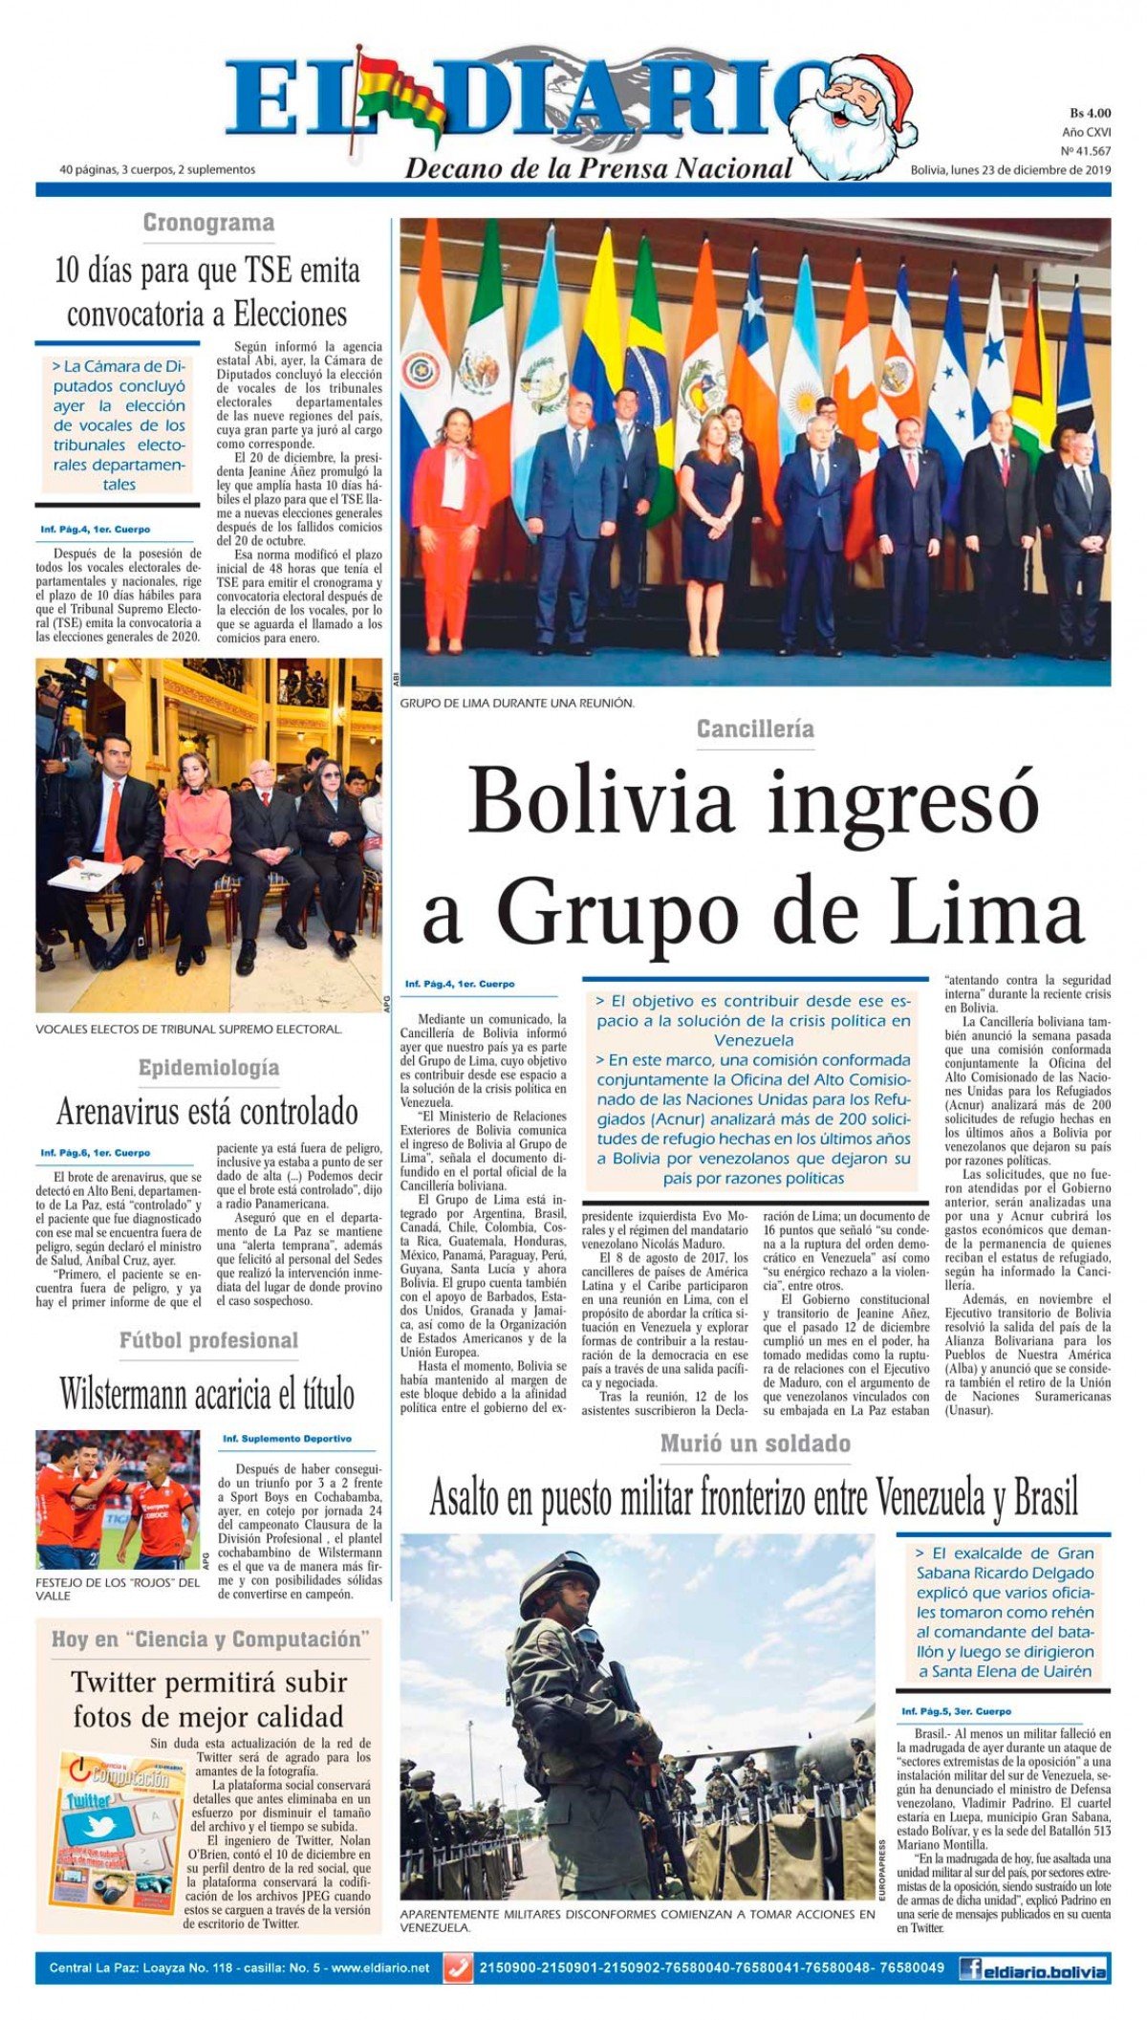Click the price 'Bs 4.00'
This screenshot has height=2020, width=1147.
tap(1090, 114)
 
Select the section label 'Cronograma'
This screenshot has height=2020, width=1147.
tap(208, 223)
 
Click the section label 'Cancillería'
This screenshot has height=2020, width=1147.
tap(755, 729)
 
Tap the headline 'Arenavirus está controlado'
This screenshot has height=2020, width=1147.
tap(207, 1112)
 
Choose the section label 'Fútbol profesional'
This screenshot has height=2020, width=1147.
tap(208, 1340)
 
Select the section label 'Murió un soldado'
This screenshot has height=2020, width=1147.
tap(755, 1444)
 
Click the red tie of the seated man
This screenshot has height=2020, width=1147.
tap(113, 822)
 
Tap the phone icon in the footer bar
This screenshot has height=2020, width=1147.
tap(458, 1968)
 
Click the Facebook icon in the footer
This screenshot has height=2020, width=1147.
tap(970, 1968)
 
